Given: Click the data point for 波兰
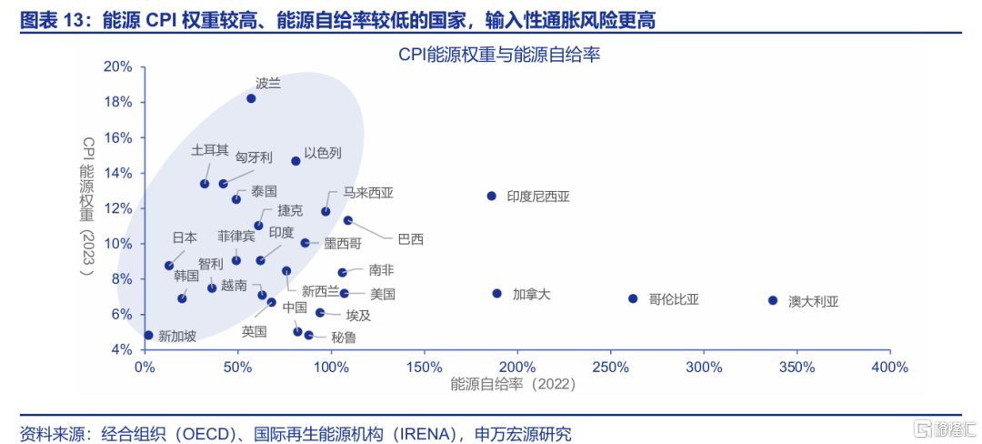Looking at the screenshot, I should pyautogui.click(x=251, y=98).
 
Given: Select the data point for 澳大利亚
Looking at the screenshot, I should pyautogui.click(x=773, y=300).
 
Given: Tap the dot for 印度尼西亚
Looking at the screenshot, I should pyautogui.click(x=492, y=196).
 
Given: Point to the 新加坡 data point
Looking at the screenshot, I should pyautogui.click(x=148, y=335).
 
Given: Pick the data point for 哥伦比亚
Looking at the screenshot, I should pyautogui.click(x=633, y=298).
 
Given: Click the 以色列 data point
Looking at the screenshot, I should pyautogui.click(x=296, y=161).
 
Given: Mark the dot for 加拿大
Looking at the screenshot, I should pyautogui.click(x=497, y=293).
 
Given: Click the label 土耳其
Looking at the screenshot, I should pyautogui.click(x=210, y=150).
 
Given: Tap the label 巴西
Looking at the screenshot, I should pyautogui.click(x=410, y=239).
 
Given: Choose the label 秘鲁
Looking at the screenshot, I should pyautogui.click(x=344, y=338).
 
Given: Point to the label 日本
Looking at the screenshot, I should pyautogui.click(x=185, y=237).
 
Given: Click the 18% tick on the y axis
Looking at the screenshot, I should pyautogui.click(x=119, y=102).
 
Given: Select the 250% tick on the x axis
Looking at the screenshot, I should pyautogui.click(x=610, y=367).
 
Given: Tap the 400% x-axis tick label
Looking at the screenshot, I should pyautogui.click(x=889, y=367).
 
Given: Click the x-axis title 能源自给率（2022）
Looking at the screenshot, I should pyautogui.click(x=514, y=385).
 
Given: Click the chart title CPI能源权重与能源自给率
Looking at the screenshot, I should pyautogui.click(x=499, y=55).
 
